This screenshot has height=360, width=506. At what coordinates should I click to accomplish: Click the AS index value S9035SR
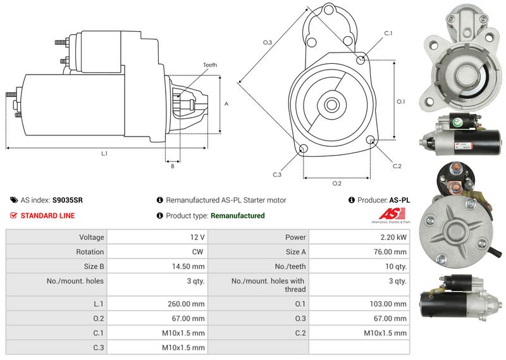coord(67,200)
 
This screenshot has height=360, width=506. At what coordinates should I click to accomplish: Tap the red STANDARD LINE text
coord(47,216)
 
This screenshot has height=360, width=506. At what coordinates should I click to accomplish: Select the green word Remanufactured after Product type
coord(237,216)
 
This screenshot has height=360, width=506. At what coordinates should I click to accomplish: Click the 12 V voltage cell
coord(197,237)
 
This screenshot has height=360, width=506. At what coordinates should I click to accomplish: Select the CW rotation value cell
coord(199,252)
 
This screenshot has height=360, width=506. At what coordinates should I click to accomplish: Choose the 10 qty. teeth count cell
coord(396,266)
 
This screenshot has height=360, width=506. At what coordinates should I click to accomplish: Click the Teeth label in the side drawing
coord(210,65)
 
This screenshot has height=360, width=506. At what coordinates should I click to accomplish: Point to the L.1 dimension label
coord(103,154)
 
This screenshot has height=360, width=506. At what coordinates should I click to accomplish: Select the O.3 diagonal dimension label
coord(268,42)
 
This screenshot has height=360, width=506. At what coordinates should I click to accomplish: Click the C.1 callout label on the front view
coord(388,33)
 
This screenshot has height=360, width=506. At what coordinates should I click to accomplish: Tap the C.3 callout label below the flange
coord(277,175)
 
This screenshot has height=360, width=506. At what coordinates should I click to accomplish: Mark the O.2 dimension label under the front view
coord(336,183)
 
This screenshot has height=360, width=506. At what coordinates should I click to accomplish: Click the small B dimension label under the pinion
coord(172,166)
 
